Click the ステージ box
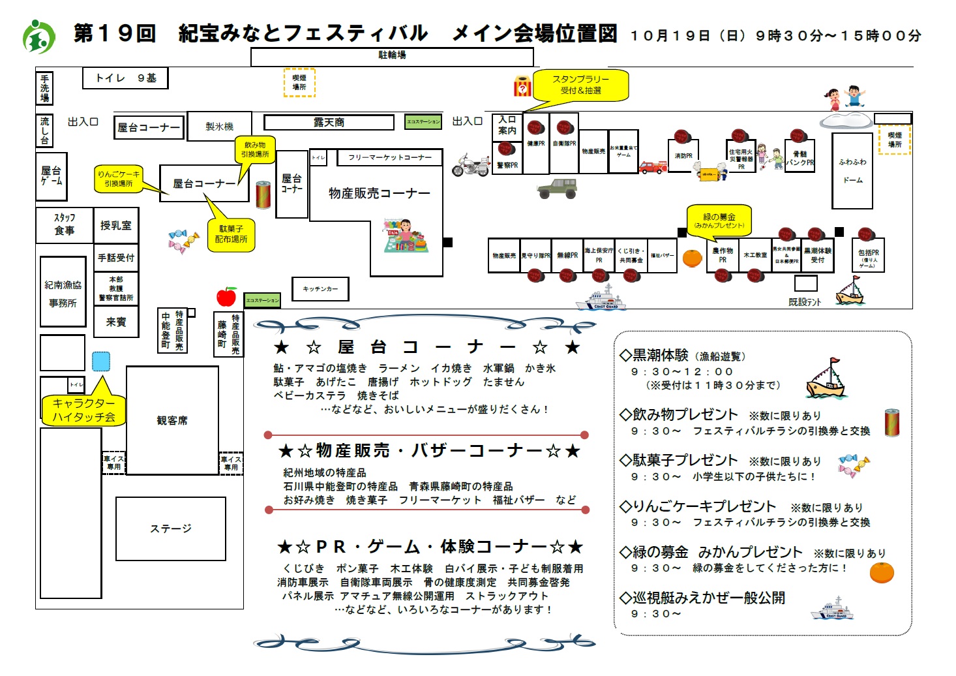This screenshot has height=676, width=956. click(171, 529)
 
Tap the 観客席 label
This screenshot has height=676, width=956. click(172, 421)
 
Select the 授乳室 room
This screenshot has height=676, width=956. click(116, 226)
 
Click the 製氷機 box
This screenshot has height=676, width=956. click(219, 127)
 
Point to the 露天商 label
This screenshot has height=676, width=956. click(329, 123)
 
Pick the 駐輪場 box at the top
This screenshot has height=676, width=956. click(392, 56)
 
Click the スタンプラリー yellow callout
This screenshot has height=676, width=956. click(581, 85)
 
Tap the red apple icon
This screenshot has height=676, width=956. click(226, 296)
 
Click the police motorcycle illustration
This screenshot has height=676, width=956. click(471, 166)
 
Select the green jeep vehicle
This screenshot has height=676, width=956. click(557, 189)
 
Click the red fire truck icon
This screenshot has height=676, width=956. click(653, 166)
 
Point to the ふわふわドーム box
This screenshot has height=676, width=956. click(852, 171)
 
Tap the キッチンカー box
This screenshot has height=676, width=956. click(320, 289)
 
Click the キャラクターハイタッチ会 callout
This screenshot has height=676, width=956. click(83, 410)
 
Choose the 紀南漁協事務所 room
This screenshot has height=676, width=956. click(63, 293)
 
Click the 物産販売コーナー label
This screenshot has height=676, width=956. click(379, 193)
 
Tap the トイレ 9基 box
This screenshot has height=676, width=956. click(126, 78)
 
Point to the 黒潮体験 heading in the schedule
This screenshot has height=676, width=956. click(661, 355)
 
